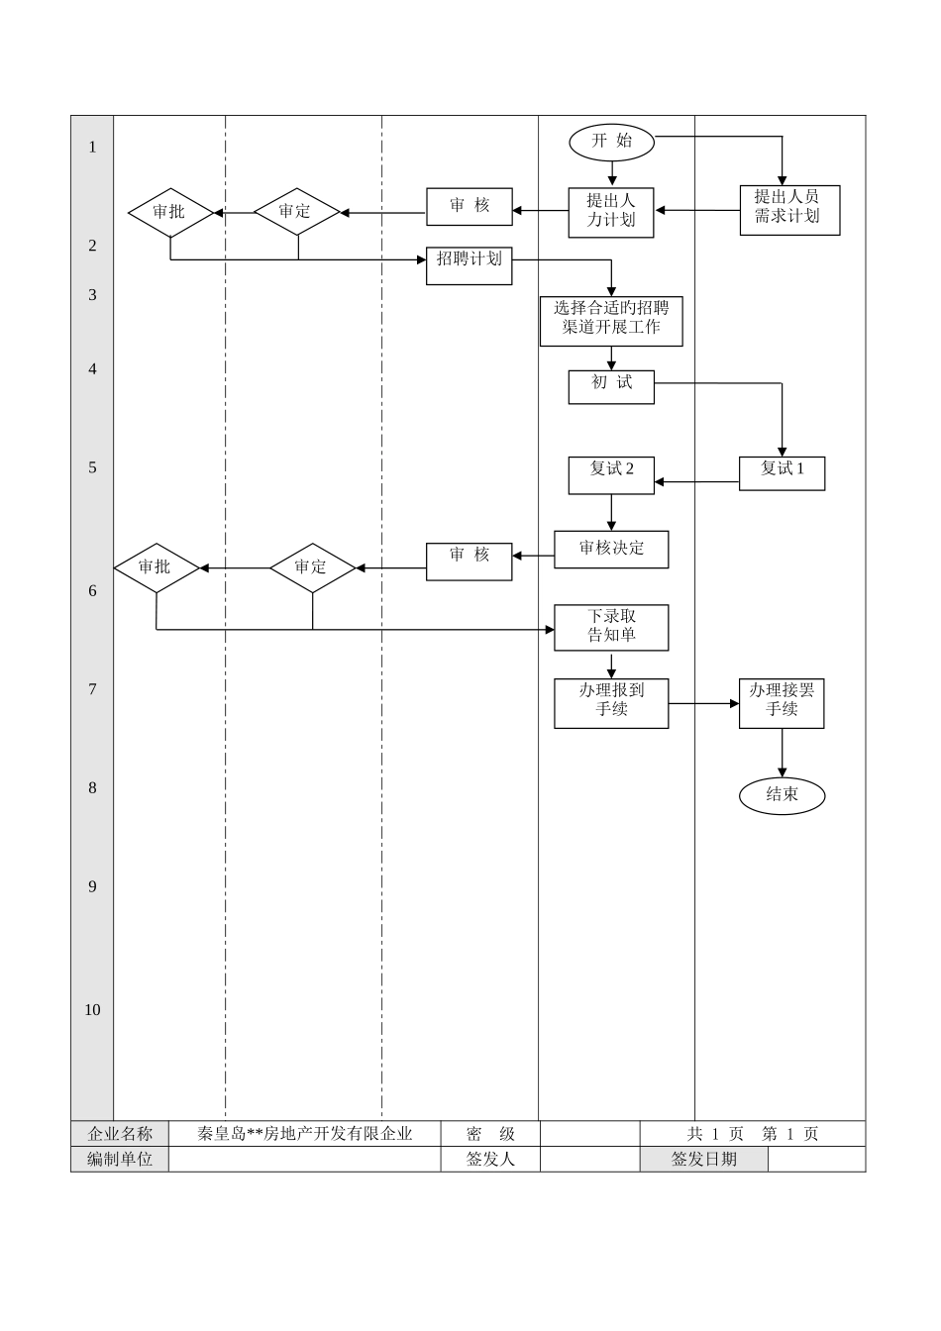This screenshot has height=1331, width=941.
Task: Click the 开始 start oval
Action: (612, 142)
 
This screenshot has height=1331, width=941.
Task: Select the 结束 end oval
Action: (782, 794)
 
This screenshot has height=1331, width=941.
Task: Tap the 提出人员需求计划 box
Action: (789, 209)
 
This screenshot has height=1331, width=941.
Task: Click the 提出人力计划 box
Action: (611, 212)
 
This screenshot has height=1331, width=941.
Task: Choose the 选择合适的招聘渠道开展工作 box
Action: (611, 321)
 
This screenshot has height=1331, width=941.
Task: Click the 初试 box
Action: (611, 386)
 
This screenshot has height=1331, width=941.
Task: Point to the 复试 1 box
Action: (782, 472)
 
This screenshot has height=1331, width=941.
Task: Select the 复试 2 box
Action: (611, 474)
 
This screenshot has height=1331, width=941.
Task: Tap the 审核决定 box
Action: (611, 549)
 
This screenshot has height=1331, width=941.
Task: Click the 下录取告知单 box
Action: (611, 627)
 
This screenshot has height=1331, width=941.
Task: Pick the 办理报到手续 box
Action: (611, 702)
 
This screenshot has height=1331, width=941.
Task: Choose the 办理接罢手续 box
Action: (782, 702)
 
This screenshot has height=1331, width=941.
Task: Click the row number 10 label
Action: (92, 1010)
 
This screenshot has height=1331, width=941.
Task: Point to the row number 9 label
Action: (92, 886)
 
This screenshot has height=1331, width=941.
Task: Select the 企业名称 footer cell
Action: (120, 1134)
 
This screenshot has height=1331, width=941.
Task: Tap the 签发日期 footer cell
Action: (703, 1159)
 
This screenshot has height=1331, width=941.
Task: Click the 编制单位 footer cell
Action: (120, 1159)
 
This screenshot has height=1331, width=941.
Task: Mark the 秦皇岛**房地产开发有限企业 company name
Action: (304, 1134)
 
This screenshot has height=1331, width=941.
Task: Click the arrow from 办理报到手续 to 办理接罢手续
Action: (703, 703)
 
